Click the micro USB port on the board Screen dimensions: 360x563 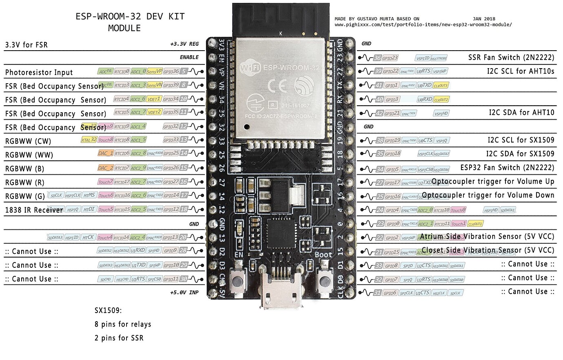point(281,290)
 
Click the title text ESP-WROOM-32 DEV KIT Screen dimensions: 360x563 point(130,17)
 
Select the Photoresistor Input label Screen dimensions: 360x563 point(39,73)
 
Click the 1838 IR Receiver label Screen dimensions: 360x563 point(34,210)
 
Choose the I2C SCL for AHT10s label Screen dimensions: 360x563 point(520,71)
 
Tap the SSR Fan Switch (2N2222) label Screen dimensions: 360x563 point(511,58)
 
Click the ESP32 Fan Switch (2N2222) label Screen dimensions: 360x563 point(507,168)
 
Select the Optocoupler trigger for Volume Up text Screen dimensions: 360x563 point(493,182)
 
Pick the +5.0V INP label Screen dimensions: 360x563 point(184,293)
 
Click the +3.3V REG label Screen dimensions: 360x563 point(184,44)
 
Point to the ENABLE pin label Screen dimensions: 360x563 point(189,58)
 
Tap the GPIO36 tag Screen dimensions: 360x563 point(171,71)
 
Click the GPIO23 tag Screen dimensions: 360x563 point(390,58)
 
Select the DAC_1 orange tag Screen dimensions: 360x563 point(105,153)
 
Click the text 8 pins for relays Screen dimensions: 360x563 point(123,324)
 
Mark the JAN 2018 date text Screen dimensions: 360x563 point(484,19)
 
